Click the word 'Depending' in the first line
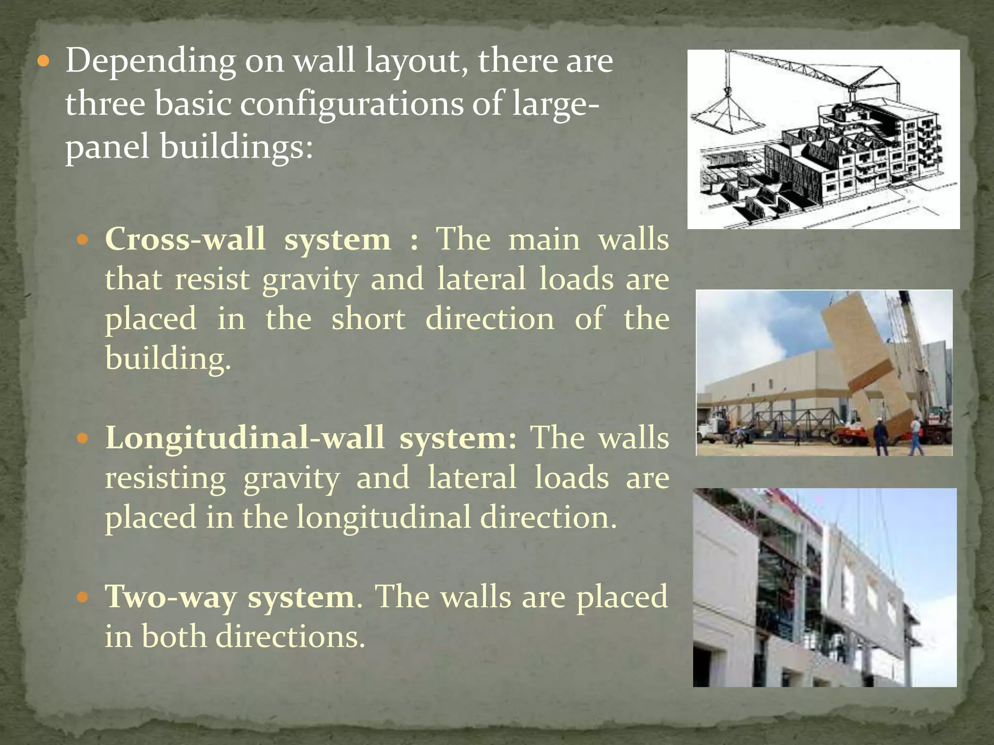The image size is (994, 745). coord(150,62)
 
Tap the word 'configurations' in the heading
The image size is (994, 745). coord(352,104)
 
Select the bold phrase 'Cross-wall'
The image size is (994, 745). coord(185,239)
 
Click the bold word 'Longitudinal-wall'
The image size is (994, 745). coord(245,437)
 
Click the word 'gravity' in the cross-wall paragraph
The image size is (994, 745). coord(310,280)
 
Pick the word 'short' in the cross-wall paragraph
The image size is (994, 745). coord(368,319)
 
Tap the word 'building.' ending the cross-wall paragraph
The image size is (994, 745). coord(168,359)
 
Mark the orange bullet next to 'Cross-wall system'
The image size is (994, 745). coord(83,240)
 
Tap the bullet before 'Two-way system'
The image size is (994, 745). coord(83,597)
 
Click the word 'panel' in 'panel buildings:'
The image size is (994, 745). coord(107,147)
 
